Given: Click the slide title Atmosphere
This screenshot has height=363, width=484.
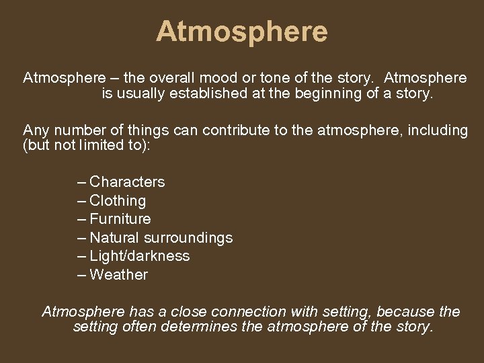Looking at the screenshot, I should click(x=242, y=32).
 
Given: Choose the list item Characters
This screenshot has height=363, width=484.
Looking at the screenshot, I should click(x=127, y=182).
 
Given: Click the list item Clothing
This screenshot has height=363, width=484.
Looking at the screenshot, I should click(x=118, y=201).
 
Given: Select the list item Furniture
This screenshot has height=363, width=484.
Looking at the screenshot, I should click(x=120, y=219).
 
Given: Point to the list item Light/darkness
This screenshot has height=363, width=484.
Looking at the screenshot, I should click(x=140, y=256).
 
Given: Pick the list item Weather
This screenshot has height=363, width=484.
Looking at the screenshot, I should click(x=118, y=274).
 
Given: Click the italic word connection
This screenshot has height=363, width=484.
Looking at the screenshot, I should click(x=247, y=311).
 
